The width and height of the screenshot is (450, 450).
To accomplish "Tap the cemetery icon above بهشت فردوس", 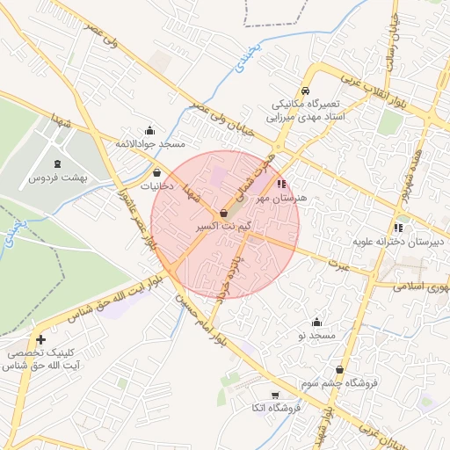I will pyautogui.click(x=58, y=164).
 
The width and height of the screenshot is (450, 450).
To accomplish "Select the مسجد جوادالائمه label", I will pyautogui.click(x=147, y=142).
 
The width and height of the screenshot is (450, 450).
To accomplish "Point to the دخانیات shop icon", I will pyautogui.click(x=156, y=173).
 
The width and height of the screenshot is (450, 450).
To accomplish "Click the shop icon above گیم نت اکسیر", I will pyautogui.click(x=223, y=213).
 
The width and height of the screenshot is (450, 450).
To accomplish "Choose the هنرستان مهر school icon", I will pyautogui.click(x=281, y=185).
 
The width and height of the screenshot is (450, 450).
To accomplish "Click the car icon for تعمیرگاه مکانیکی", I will pyautogui.click(x=304, y=91).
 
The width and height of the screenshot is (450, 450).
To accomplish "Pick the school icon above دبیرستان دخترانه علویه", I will pyautogui.click(x=398, y=228).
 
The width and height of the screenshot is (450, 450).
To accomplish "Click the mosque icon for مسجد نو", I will pyautogui.click(x=316, y=323).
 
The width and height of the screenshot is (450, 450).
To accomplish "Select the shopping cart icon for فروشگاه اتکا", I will pyautogui.click(x=275, y=395).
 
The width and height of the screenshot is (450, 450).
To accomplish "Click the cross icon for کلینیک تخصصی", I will pyautogui.click(x=40, y=339).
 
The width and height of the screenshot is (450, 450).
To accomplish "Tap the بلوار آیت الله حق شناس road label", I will pyautogui.click(x=105, y=301).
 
